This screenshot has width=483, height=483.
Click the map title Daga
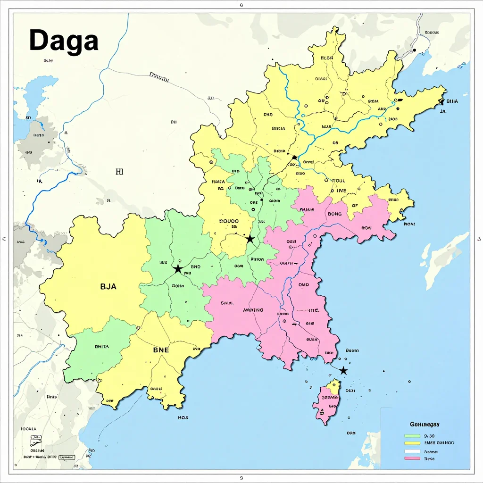point(64,41)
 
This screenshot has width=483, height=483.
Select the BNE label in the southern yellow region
point(164,350)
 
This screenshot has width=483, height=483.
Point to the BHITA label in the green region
point(101,347)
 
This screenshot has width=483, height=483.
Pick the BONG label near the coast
point(334,214)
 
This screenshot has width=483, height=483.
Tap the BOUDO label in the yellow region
point(230,221)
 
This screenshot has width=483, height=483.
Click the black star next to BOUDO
point(250,240)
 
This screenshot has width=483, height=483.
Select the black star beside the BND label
point(178,269)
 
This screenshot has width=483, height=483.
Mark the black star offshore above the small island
point(344,371)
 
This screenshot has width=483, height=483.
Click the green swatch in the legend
point(412,436)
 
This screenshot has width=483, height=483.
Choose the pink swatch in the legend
point(412,458)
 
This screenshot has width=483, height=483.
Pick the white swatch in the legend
point(412,451)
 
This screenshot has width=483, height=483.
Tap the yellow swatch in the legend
point(412,443)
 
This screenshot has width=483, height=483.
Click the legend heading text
point(428,424)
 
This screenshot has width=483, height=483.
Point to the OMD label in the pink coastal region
point(303,285)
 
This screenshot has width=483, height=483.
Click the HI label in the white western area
point(119,172)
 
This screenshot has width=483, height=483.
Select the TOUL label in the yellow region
point(339,181)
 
